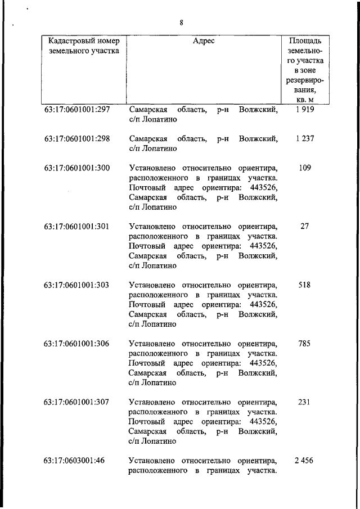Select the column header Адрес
pos(203,41)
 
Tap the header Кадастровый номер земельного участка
pos(80,46)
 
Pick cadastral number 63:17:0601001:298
pos(76,138)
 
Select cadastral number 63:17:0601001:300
pos(76,168)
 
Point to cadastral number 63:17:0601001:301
pos(76,226)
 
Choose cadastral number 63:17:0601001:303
pos(76,285)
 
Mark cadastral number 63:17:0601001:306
pos(76,344)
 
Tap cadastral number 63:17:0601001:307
pos(76,402)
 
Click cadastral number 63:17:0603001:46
pos(74,461)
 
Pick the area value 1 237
pos(304,138)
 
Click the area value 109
pos(305,168)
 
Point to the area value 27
pos(305,226)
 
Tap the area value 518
pos(305,285)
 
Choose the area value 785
pos(305,344)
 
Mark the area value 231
pos(305,402)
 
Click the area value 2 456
pos(304,461)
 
